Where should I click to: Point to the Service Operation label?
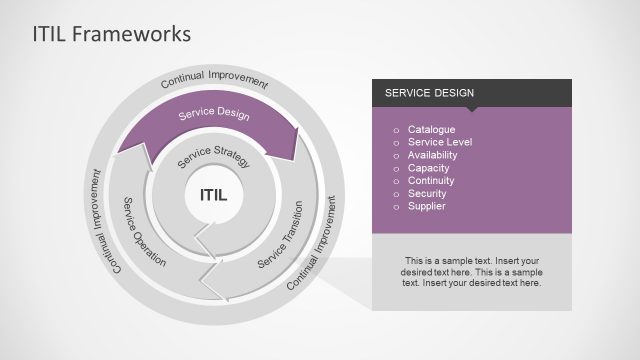(x=143, y=231)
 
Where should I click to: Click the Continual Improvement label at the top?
(x=214, y=81)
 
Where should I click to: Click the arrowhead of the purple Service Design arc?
(x=297, y=145)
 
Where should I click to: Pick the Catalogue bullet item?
(x=431, y=130)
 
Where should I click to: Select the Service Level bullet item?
(x=440, y=143)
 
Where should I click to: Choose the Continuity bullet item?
(x=431, y=181)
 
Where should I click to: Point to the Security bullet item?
(x=427, y=193)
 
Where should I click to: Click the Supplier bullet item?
(x=427, y=206)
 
